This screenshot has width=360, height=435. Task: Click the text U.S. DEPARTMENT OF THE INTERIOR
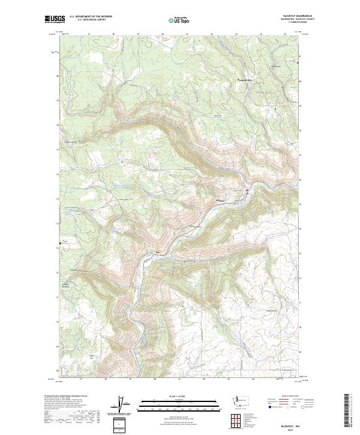click(x=90, y=17)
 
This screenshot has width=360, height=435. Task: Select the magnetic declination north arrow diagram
click(x=119, y=405)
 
